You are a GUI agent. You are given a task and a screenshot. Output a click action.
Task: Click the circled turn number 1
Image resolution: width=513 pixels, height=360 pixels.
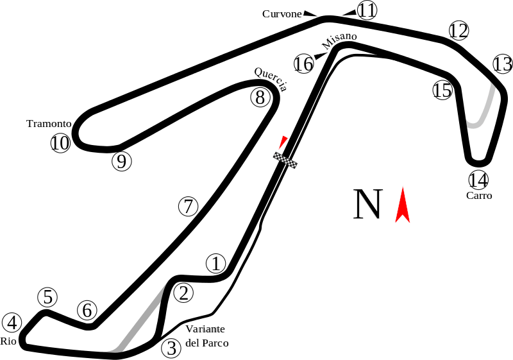(216, 264)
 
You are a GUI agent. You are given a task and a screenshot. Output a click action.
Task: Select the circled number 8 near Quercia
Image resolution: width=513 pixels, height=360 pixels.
(260, 98)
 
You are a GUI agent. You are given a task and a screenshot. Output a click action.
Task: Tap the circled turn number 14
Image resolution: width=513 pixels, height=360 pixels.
(478, 180)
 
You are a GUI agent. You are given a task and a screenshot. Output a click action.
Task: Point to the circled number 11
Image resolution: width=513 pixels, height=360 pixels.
(367, 10)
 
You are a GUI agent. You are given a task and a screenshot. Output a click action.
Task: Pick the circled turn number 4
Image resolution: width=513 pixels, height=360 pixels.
(12, 323)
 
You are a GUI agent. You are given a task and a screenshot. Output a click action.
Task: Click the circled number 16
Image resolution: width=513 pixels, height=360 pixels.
(304, 64)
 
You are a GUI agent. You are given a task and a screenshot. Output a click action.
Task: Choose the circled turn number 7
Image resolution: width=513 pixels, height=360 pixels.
(188, 207)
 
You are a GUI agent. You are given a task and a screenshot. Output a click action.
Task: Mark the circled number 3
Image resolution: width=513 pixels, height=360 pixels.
(171, 348)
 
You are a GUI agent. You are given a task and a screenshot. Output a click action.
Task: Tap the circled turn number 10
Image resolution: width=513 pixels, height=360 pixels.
(60, 143)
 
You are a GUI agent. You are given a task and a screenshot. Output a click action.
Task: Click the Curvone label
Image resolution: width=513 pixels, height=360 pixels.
(282, 14)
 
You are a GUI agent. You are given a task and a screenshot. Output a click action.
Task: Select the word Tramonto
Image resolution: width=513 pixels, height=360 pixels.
(49, 124)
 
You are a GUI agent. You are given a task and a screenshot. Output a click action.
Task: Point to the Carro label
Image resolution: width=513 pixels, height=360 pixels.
(479, 196)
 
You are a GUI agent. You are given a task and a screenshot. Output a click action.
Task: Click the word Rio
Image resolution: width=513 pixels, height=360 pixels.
(8, 341)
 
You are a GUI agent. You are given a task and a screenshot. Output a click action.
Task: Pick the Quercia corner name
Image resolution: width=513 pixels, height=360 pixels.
(271, 79)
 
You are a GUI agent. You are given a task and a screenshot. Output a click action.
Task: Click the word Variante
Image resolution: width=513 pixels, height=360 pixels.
(205, 329)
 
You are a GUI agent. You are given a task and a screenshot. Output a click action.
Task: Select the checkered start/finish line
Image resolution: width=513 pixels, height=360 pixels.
(285, 160)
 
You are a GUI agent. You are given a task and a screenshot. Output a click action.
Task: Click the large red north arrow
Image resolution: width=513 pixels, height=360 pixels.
(403, 205)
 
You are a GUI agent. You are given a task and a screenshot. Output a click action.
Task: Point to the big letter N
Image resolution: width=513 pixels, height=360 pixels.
(368, 203)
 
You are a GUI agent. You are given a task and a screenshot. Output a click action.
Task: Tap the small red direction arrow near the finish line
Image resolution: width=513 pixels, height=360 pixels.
(283, 142)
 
